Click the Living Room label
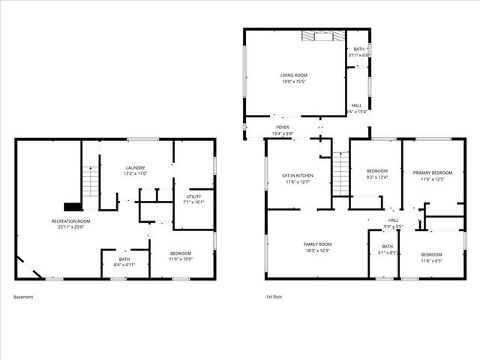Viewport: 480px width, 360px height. click(293, 75)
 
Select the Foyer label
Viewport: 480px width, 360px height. click(283, 127)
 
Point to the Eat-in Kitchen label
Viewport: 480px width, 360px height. click(298, 175)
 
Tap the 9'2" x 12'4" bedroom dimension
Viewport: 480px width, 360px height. click(376, 178)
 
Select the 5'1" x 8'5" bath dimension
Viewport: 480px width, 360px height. click(387, 253)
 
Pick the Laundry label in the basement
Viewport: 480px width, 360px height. click(136, 168)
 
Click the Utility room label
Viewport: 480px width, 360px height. click(194, 196)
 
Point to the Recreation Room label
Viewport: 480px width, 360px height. click(71, 221)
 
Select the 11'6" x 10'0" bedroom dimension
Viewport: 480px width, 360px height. click(180, 259)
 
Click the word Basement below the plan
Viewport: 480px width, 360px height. click(23, 297)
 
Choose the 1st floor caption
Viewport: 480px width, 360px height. click(274, 297)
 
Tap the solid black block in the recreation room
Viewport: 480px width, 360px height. click(73, 206)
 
